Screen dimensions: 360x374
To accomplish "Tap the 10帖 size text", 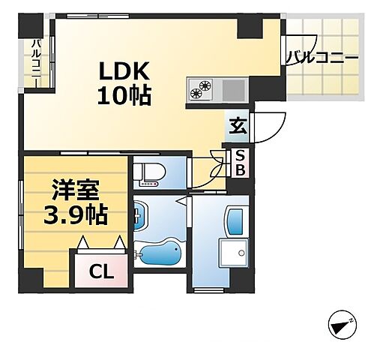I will point(124,95).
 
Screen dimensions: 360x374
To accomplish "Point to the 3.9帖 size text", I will point(74,216).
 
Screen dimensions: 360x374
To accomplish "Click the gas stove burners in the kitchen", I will point(201,89).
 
